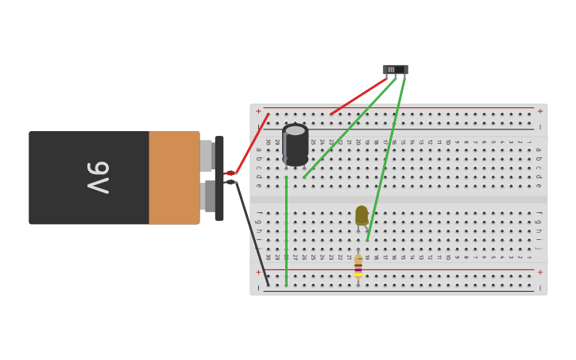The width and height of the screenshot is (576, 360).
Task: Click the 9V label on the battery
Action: (97, 178)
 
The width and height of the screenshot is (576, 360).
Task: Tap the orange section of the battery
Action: (174, 178)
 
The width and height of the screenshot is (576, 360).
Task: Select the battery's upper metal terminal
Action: (206, 156)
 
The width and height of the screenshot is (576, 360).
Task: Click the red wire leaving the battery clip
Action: (252, 143)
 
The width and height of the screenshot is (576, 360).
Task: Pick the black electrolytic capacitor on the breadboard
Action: (296, 145)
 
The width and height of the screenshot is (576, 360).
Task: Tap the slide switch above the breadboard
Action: (395, 70)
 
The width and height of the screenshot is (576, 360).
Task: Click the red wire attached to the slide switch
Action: (358, 96)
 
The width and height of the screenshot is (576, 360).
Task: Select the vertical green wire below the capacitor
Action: (286, 230)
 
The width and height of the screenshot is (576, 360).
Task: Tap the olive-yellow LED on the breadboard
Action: (361, 215)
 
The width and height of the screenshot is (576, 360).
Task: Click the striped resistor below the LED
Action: (358, 267)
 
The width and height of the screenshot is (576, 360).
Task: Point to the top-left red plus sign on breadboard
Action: (258, 111)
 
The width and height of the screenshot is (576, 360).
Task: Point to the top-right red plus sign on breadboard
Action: (540, 111)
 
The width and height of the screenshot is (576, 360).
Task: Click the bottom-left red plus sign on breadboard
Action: (258, 272)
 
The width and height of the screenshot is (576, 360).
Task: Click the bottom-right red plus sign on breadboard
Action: (540, 272)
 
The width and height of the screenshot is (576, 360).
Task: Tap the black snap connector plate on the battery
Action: (219, 178)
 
